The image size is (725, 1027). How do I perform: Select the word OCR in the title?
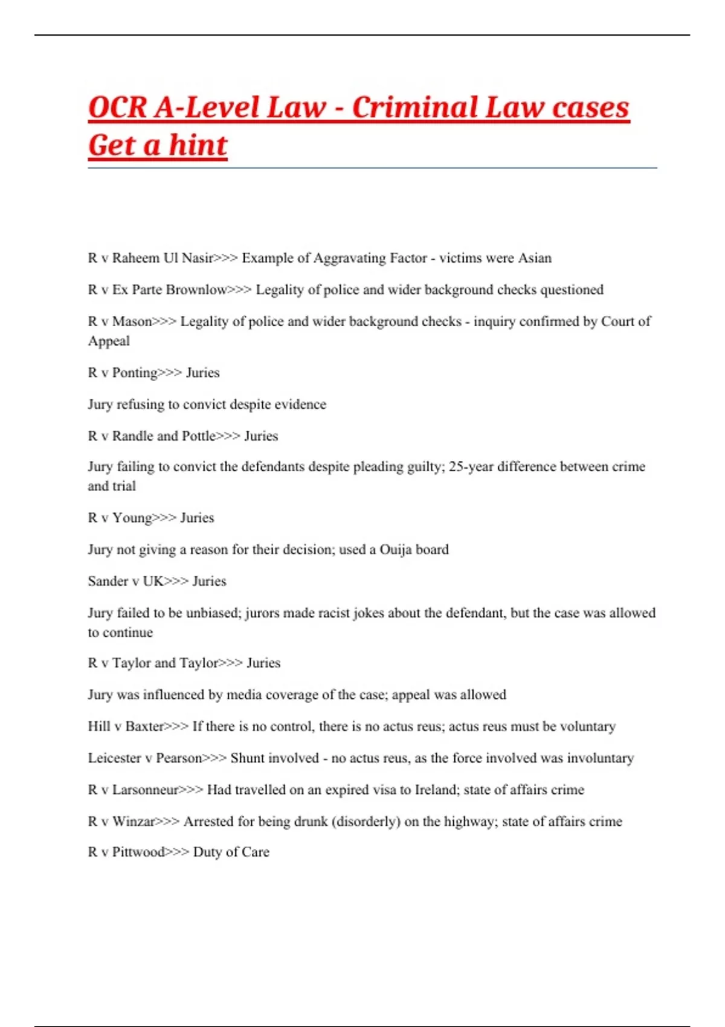point(117,108)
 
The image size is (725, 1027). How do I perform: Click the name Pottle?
point(199,436)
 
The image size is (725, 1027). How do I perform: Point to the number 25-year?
point(471,466)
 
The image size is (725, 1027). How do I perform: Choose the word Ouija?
point(396,550)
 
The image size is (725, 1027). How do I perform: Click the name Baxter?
point(144,726)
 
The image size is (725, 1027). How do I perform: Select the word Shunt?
point(248,758)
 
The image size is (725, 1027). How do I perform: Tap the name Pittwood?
point(138,852)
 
